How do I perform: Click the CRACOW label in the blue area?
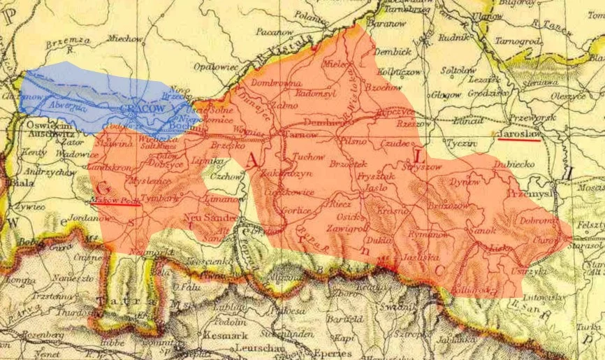(142, 110)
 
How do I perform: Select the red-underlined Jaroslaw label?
(520, 132)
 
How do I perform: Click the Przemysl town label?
(531, 194)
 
